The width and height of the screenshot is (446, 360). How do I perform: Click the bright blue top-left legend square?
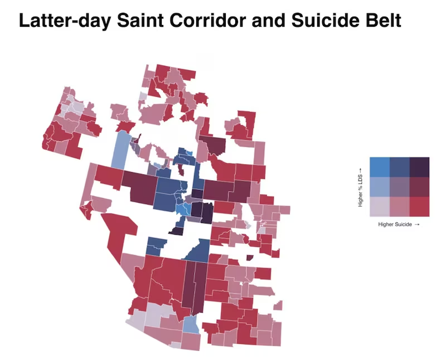point(379,167)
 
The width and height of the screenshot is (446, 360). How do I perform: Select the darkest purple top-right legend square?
point(419,167)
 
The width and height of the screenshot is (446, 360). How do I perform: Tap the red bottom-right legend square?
point(419,207)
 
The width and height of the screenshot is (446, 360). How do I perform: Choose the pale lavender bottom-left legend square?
point(379,207)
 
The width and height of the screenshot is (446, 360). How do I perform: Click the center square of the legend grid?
point(399,187)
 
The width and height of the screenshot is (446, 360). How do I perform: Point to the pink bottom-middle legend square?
point(399,207)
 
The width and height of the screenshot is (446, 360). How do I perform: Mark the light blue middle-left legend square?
point(379,187)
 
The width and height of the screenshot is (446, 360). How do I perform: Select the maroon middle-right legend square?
point(419,187)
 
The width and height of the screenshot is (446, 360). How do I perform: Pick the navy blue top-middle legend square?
point(399,167)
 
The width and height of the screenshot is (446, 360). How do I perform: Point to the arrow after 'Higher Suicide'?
point(417,224)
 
